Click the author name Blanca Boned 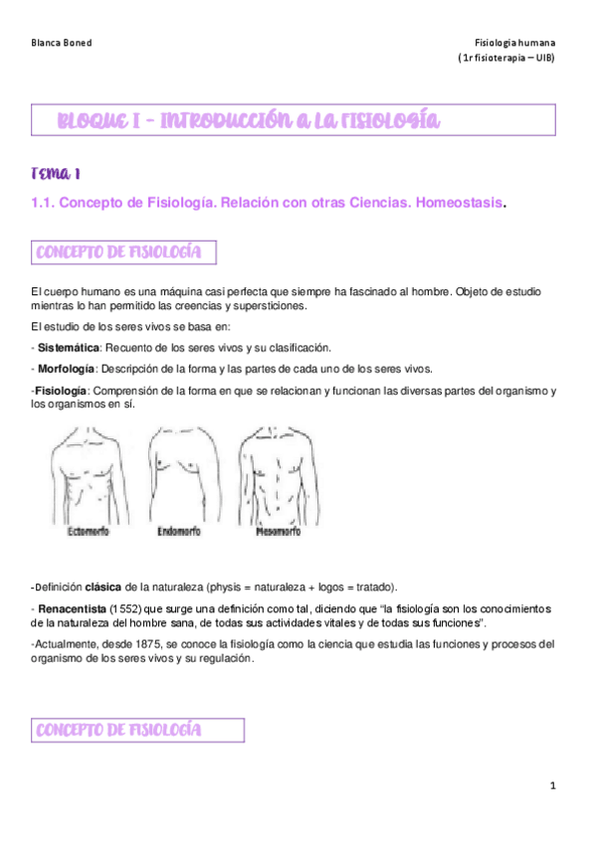[x=62, y=43]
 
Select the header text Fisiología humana [x=516, y=43]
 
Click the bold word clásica [x=104, y=585]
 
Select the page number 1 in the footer [x=552, y=785]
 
